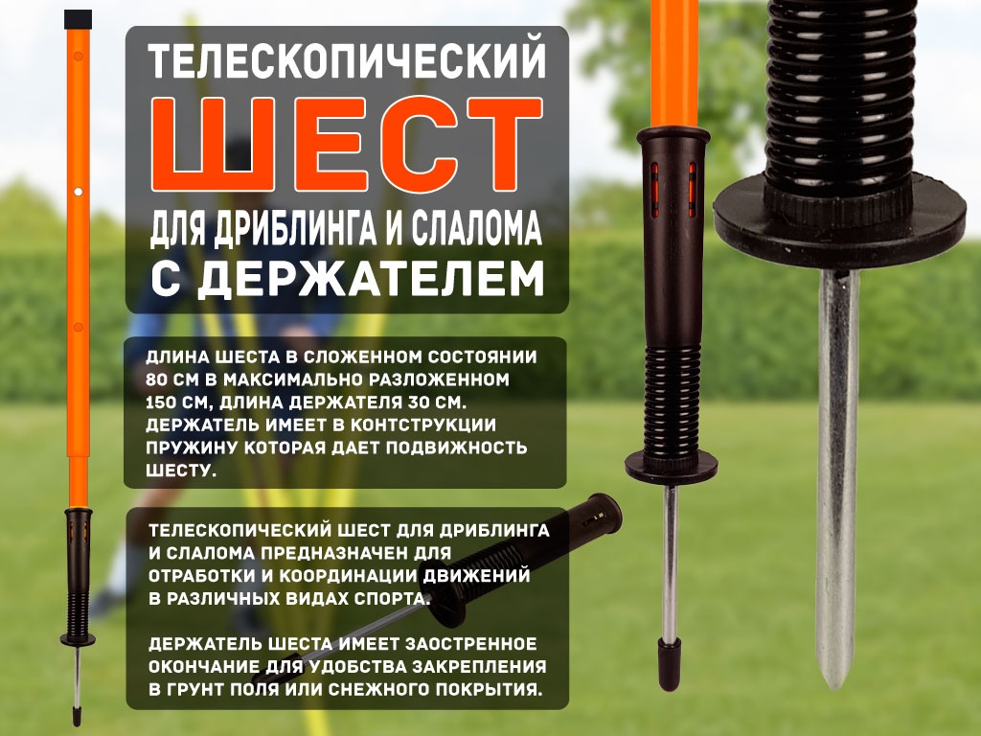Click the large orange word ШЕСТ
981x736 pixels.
pyautogui.click(x=347, y=144)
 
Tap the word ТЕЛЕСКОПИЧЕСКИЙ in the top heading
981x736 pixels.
pyautogui.click(x=347, y=60)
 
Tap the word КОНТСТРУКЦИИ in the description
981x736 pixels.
pyautogui.click(x=422, y=425)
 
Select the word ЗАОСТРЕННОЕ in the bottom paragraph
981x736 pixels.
pyautogui.click(x=470, y=644)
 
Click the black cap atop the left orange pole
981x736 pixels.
pyautogui.click(x=79, y=19)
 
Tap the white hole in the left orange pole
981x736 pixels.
pyautogui.click(x=79, y=192)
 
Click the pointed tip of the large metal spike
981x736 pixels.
pyautogui.click(x=835, y=687)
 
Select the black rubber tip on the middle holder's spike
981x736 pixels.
pyautogui.click(x=668, y=664)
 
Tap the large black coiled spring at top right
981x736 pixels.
pyautogui.click(x=840, y=94)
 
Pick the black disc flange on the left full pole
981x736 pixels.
pyautogui.click(x=78, y=639)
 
